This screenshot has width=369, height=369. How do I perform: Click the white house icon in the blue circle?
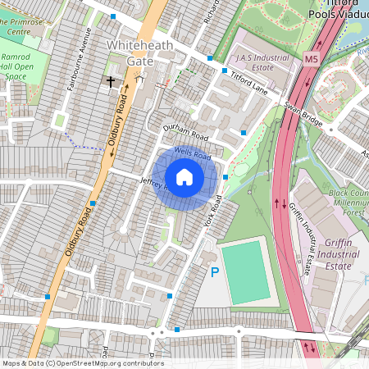(x=184, y=177)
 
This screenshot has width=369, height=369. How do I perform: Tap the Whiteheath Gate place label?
(x=141, y=52)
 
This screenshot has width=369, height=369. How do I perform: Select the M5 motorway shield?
(x=310, y=59)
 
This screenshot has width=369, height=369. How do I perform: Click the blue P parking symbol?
(x=215, y=271)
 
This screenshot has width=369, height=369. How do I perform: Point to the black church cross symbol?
(x=111, y=82)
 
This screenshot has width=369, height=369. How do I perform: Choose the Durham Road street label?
(x=185, y=134)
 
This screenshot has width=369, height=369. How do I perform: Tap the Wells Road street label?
(x=192, y=153)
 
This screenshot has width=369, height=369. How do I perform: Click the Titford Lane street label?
(x=249, y=80)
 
